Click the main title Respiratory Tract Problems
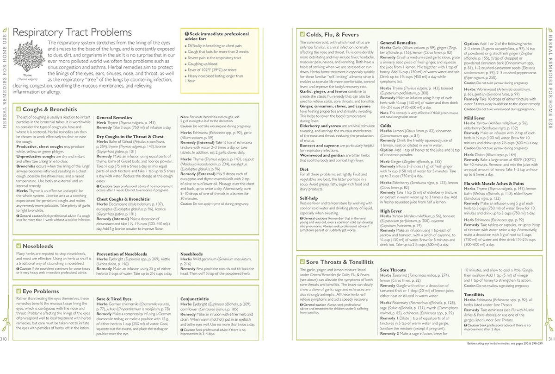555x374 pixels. (x=72, y=32)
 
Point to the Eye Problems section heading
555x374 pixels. (x=41, y=291)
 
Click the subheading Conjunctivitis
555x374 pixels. (x=195, y=299)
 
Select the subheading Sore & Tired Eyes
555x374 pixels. (x=114, y=299)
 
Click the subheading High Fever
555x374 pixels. (x=391, y=211)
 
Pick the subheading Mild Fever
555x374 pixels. (x=474, y=118)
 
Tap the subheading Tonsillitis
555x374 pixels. (x=474, y=294)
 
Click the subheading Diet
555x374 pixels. (x=304, y=170)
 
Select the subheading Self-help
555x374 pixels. (x=309, y=197)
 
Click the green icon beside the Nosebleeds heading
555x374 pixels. (x=18, y=246)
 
